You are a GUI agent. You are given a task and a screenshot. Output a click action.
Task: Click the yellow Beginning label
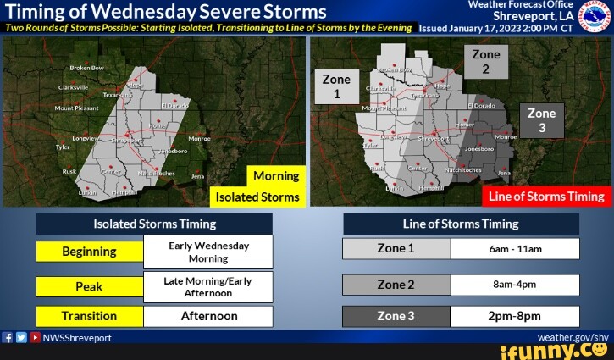coord(89,252)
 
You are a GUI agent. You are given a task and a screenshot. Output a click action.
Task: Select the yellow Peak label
coord(89,286)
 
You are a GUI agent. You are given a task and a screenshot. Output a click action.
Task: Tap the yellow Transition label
coord(89,316)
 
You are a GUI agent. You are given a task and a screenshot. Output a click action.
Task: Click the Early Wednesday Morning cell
coord(208,252)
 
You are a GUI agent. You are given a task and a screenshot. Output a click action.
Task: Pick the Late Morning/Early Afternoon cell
coord(208,286)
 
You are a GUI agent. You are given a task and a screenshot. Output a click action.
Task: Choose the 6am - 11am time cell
coord(515,249)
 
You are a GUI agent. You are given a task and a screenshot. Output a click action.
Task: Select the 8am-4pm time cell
coord(515,285)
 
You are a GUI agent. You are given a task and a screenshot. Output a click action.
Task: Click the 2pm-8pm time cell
coord(515,316)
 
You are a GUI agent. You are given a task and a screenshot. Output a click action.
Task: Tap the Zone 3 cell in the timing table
coord(396,316)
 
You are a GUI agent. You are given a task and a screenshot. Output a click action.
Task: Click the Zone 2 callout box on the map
coord(485,62)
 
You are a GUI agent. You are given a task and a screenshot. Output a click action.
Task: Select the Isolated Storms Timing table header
coord(154,224)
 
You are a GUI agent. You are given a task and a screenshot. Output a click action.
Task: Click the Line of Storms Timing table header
coord(461,224)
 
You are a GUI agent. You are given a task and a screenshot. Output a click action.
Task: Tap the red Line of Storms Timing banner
coord(546,197)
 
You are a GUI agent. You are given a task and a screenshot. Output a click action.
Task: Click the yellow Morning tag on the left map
coord(276,176)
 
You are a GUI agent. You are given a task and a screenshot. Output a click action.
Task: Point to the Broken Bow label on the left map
coord(86,68)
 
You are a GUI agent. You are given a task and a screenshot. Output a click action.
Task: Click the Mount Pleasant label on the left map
coord(75,109)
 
